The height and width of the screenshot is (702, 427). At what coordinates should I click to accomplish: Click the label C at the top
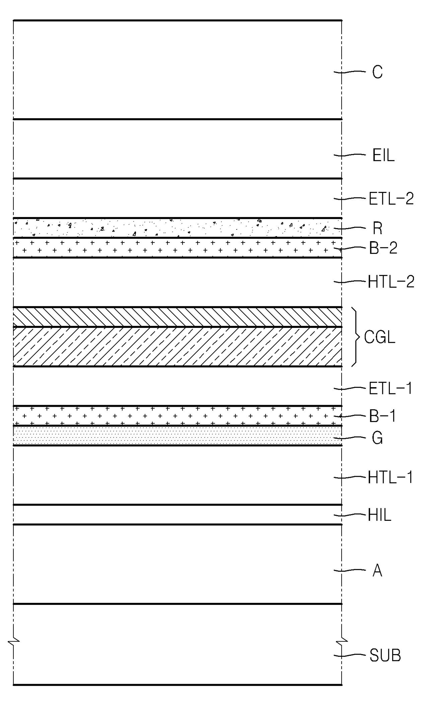click(377, 72)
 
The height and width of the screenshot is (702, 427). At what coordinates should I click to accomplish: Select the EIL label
click(383, 156)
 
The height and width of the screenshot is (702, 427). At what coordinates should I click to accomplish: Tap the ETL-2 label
click(391, 199)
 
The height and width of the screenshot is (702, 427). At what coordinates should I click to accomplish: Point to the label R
click(377, 228)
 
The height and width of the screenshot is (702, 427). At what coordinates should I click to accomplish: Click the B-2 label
click(383, 248)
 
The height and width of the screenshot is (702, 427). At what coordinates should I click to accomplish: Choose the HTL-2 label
click(391, 282)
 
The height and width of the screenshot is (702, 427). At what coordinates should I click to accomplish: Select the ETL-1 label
click(390, 389)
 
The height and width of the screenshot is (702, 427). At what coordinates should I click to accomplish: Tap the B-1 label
click(383, 416)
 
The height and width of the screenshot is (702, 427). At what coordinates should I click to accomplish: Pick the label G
click(377, 438)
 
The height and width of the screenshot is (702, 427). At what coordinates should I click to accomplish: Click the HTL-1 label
click(390, 478)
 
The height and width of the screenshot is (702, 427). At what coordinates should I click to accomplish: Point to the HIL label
click(379, 516)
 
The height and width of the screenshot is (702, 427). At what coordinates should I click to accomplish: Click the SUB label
click(385, 655)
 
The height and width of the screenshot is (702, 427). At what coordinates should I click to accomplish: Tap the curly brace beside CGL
click(355, 337)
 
